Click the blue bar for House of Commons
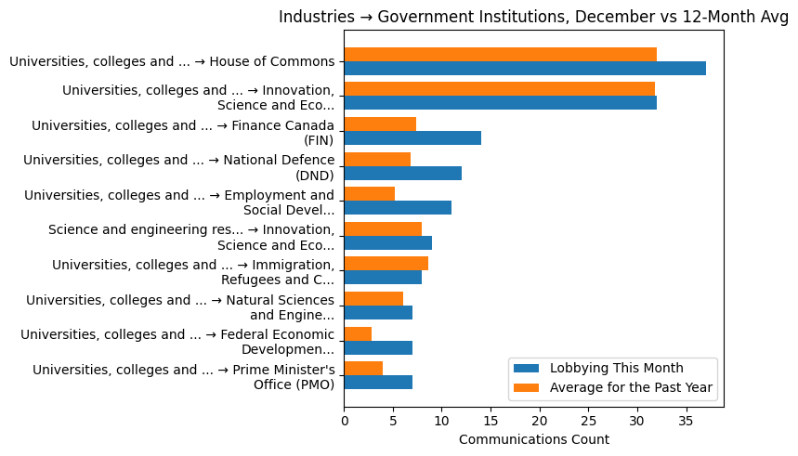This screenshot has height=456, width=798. click(525, 68)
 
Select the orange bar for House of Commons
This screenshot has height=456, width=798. click(500, 54)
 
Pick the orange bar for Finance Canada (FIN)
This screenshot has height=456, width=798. click(380, 124)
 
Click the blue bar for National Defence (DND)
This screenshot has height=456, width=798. click(402, 173)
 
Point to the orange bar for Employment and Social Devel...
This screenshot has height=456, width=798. click(369, 194)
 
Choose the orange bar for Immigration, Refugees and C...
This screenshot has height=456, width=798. click(386, 264)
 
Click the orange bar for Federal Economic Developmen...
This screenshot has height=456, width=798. click(358, 333)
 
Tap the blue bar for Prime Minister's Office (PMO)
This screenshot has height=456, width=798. click(378, 383)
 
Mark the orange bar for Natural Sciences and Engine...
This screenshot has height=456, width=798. click(373, 298)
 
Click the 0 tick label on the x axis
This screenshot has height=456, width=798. click(344, 420)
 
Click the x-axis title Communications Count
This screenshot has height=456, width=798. click(533, 439)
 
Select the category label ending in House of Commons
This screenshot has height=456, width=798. click(172, 61)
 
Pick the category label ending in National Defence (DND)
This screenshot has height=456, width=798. click(178, 167)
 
